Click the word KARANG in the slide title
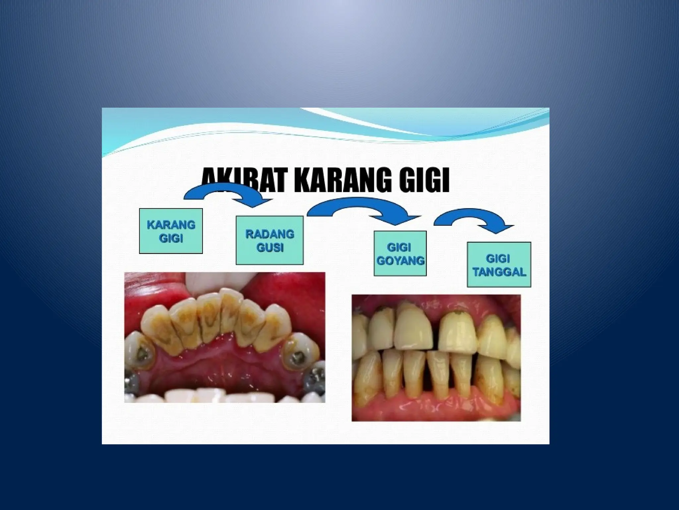(343, 181)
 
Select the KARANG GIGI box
(171, 231)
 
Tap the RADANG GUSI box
(270, 240)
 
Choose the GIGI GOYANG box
(400, 254)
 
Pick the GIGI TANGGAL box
(499, 265)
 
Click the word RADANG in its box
(270, 234)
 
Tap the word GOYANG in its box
(401, 261)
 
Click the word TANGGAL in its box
(499, 272)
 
